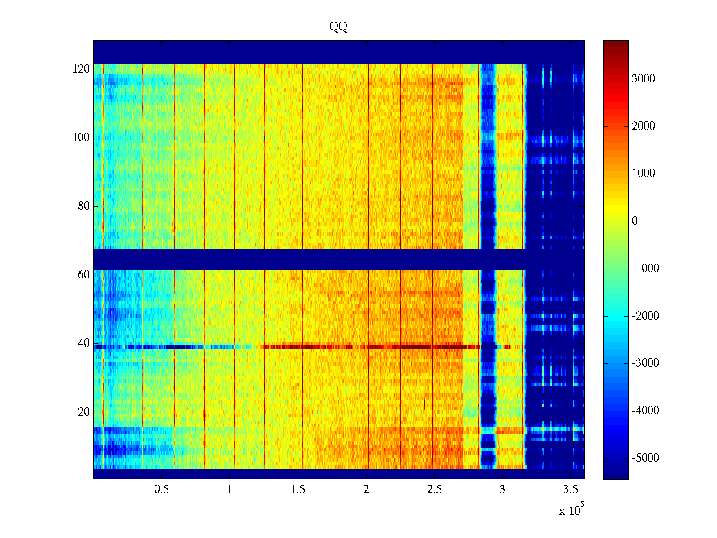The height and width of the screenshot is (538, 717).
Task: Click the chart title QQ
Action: (338, 27)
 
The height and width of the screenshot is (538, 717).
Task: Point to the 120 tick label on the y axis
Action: (81, 69)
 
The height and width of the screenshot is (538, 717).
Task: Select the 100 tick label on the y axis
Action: (81, 138)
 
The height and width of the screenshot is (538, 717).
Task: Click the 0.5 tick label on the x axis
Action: (161, 490)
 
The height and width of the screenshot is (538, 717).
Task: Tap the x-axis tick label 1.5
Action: (298, 490)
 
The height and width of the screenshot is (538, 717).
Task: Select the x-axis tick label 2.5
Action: (434, 490)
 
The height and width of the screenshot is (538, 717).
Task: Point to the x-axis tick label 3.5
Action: (571, 490)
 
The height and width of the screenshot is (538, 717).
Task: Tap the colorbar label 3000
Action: (644, 79)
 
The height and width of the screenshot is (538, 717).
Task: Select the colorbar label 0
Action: (635, 221)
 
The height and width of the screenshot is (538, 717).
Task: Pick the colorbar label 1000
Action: (644, 174)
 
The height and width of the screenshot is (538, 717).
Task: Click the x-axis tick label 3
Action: (502, 490)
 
